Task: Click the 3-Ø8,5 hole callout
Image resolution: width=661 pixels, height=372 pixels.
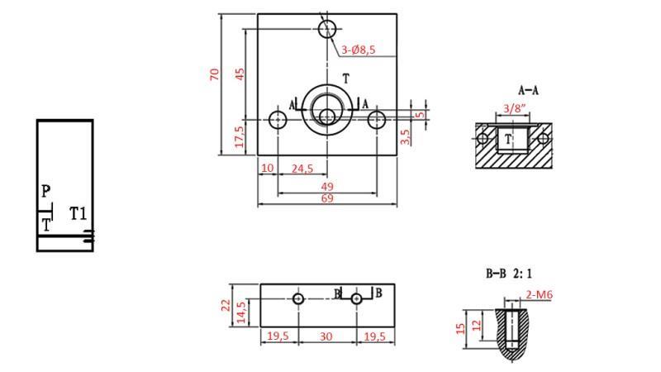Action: point(359,50)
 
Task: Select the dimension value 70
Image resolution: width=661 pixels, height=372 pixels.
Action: point(215,74)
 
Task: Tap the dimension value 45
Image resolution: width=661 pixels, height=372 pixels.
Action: point(240,74)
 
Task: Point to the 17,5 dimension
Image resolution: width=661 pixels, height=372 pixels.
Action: point(240,135)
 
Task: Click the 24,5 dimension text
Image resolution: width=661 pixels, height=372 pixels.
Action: point(303,169)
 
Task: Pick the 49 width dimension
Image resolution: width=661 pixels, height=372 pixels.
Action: point(327,187)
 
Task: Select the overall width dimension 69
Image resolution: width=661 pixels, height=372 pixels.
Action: point(327,199)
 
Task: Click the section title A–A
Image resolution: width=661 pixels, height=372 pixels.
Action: point(529,90)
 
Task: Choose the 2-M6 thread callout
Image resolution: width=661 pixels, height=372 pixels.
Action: point(540,293)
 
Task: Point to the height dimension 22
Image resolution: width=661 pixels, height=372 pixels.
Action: point(226,304)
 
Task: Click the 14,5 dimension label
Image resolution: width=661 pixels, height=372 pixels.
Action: point(241,311)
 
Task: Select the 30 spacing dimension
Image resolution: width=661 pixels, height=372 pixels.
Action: point(327,336)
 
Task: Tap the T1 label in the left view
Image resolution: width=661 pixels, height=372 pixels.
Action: point(78,214)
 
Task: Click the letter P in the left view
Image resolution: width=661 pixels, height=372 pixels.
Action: point(46,192)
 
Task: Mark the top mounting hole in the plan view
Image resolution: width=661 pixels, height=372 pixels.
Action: point(327,28)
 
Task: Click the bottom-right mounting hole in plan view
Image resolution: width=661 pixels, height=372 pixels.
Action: point(377,120)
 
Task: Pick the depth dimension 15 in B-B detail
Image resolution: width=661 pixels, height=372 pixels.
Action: point(460,328)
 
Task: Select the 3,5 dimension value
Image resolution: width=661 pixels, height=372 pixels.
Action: point(405,136)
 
